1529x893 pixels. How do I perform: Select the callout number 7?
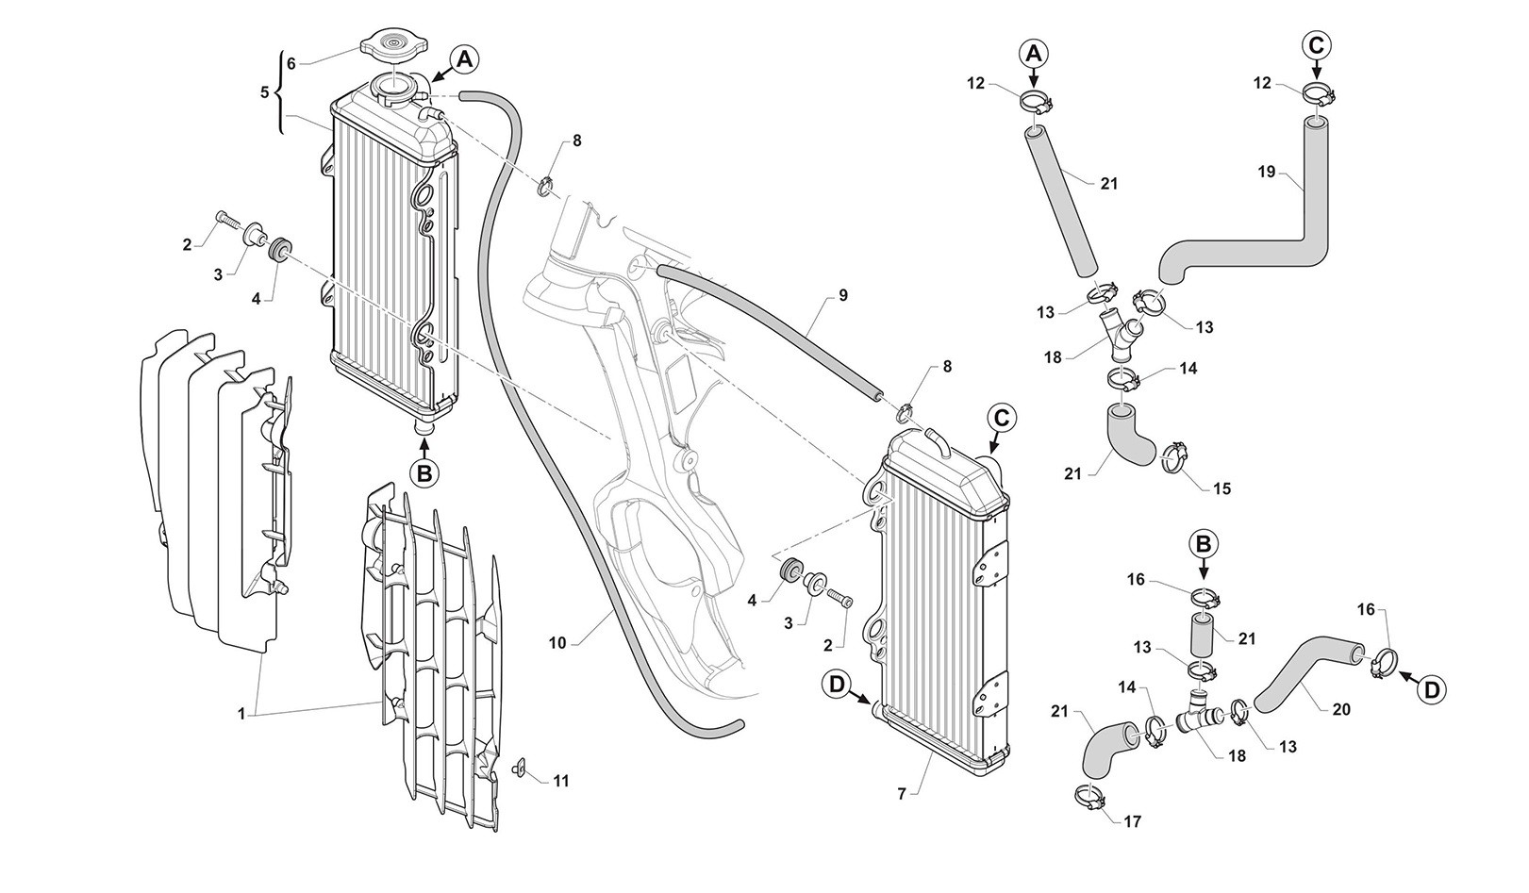click(902, 795)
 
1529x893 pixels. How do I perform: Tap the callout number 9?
click(843, 295)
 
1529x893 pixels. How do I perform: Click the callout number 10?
click(557, 643)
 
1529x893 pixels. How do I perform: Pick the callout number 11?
click(561, 781)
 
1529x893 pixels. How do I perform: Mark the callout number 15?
click(1222, 488)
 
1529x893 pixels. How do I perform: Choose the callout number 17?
click(1133, 821)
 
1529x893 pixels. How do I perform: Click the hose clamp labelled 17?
click(1089, 798)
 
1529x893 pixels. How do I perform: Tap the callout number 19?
click(1267, 172)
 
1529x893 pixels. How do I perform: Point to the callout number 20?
click(1342, 709)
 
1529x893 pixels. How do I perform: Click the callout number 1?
click(241, 714)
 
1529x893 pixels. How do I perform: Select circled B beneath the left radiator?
click(424, 473)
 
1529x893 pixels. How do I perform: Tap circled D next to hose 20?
click(1432, 689)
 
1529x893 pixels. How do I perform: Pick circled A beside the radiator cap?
click(463, 59)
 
